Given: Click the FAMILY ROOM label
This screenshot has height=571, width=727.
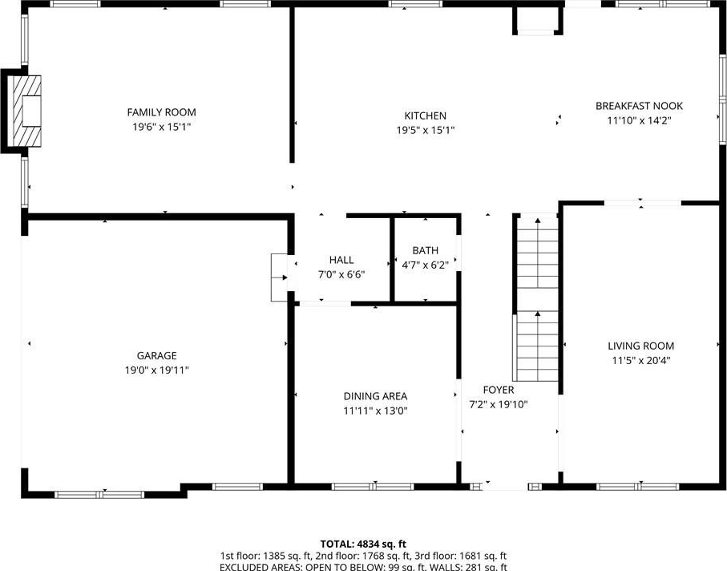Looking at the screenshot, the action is [x=161, y=112].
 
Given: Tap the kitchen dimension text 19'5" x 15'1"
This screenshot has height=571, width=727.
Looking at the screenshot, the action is [x=425, y=131].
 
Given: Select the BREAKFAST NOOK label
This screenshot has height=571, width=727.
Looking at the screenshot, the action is [x=639, y=106].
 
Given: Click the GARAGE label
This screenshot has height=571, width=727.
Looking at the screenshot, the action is [x=157, y=356].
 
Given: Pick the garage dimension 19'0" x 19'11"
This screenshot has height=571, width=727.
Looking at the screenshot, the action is [x=157, y=371].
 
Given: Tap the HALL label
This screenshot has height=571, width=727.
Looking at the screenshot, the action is [x=341, y=260].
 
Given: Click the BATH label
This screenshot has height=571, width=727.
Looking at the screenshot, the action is [x=425, y=250].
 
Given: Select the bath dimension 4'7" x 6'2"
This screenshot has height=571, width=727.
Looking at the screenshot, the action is [x=425, y=265].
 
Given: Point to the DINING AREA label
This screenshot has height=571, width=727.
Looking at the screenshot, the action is [x=376, y=396].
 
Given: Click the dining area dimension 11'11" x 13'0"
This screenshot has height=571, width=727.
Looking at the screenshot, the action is [x=376, y=411].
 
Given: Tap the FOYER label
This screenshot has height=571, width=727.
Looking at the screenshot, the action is [x=499, y=390].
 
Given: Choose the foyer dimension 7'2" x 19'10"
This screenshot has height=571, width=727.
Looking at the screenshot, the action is [x=499, y=404].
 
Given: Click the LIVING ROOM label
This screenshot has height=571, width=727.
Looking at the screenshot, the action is [x=640, y=346].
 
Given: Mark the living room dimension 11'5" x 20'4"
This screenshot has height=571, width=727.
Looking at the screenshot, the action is [x=640, y=360].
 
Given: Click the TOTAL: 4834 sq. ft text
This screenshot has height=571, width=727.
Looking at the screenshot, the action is [x=364, y=544].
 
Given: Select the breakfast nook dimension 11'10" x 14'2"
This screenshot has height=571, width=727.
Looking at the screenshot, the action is [x=640, y=120].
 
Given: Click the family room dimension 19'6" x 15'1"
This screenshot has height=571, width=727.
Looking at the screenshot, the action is [x=161, y=127].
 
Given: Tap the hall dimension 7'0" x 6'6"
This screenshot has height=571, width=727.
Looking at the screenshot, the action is [x=341, y=274].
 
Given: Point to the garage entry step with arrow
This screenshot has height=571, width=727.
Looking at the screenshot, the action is [x=279, y=277].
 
